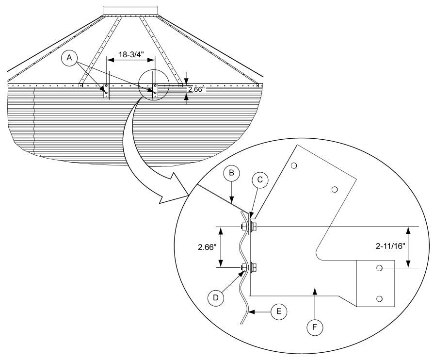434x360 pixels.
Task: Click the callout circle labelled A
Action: pyautogui.click(x=70, y=58)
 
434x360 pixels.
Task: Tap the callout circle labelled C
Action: pyautogui.click(x=260, y=180)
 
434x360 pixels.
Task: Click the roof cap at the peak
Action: pyautogui.click(x=131, y=10)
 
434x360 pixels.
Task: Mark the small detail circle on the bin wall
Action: pyautogui.click(x=154, y=86)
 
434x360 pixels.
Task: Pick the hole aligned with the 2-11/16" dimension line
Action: pyautogui.click(x=380, y=267)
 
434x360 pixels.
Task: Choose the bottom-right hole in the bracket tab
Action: pyautogui.click(x=380, y=297)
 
